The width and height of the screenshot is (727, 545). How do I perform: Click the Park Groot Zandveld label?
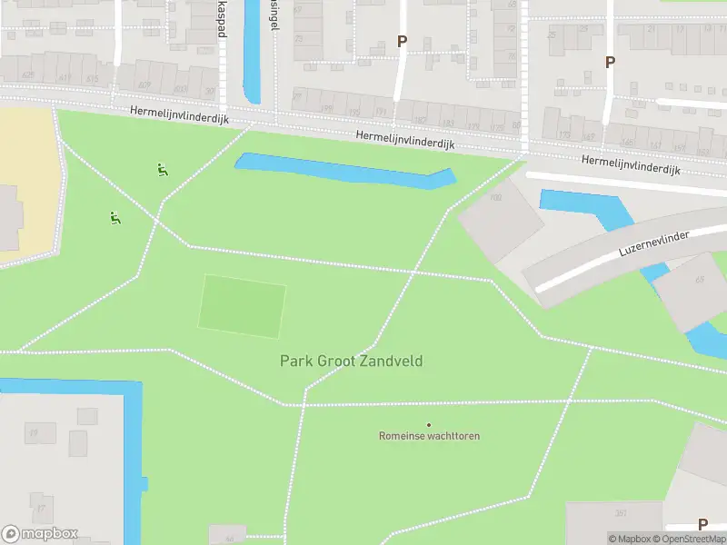click(351, 362)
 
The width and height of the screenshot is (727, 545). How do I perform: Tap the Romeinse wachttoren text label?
click(429, 436)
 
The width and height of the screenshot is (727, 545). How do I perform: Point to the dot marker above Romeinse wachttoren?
click(429, 424)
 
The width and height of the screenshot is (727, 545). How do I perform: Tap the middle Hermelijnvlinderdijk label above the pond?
click(404, 140)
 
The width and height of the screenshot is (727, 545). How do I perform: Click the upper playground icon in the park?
click(161, 169)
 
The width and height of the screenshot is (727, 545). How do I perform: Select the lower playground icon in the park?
click(115, 217)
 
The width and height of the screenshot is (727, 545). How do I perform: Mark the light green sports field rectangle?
click(242, 306)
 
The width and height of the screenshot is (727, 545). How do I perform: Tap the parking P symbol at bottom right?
click(702, 524)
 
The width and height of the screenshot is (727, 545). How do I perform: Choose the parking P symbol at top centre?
click(402, 41)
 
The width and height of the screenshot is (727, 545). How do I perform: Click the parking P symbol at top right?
click(610, 62)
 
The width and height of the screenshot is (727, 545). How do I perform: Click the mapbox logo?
click(40, 534)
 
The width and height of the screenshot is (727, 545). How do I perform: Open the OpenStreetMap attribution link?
click(688, 539)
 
